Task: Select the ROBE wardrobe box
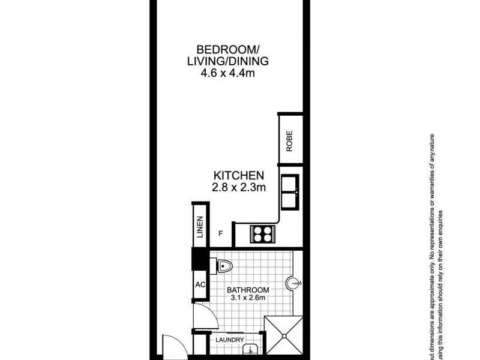coord(289,139)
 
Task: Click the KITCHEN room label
coord(239,175)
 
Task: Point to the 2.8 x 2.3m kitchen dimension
coord(239,188)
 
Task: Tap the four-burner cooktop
coord(262,233)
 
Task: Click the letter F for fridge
coord(221,233)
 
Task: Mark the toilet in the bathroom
coord(224,263)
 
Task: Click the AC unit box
coord(199,285)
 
